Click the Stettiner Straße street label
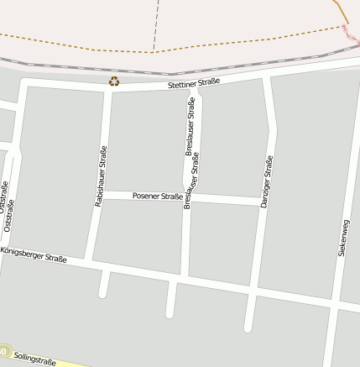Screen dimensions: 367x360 tap(194, 82)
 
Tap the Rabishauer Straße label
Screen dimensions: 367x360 tap(100, 176)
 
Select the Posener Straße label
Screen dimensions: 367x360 tap(158, 197)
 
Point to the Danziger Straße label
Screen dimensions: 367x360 tap(267, 181)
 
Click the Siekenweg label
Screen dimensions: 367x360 tap(342, 238)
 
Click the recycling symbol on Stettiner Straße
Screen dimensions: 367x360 tap(113, 81)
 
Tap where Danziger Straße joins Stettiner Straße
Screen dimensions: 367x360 tap(267, 77)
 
